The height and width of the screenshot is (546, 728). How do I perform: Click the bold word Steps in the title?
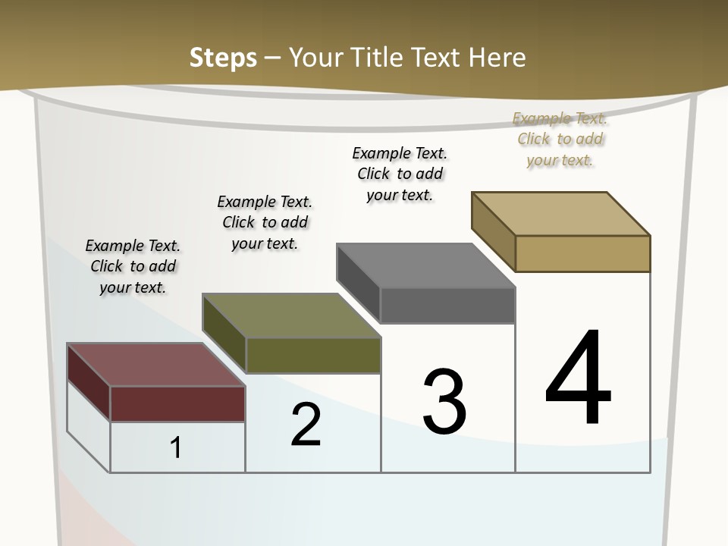tap(223, 58)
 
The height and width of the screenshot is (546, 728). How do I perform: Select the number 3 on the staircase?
tap(444, 402)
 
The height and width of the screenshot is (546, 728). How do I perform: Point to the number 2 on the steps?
tap(306, 425)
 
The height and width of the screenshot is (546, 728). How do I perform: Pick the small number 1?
tap(175, 447)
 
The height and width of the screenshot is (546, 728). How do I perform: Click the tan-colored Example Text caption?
tap(560, 139)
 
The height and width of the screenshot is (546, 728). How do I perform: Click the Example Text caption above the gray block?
tap(400, 174)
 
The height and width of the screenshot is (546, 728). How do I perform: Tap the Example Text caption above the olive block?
tap(265, 222)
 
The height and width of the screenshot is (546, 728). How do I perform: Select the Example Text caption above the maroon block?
tap(133, 266)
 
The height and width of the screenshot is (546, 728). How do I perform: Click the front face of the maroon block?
tap(177, 403)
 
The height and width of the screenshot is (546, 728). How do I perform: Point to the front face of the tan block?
tap(582, 253)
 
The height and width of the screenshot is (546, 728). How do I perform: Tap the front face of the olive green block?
tap(312, 355)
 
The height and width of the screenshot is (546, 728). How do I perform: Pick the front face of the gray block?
tap(447, 305)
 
